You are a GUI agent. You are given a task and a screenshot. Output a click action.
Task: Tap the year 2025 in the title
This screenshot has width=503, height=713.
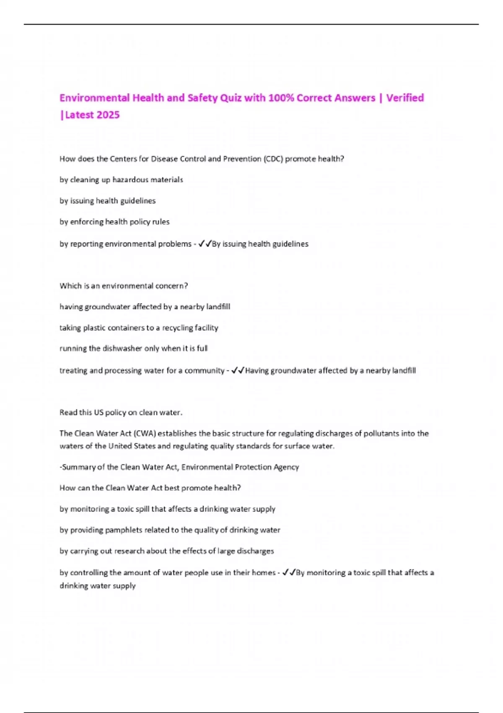click(108, 115)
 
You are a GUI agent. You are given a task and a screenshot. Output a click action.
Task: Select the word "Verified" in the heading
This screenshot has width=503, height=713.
click(405, 98)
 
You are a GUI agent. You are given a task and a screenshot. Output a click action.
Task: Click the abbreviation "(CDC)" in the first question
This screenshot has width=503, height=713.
click(273, 159)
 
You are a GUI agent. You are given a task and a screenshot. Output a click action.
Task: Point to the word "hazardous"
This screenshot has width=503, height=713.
click(130, 180)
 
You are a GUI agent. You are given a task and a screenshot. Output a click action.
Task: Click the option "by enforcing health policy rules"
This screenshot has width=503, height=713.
click(114, 222)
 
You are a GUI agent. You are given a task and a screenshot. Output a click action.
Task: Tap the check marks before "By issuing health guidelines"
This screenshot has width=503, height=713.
click(205, 244)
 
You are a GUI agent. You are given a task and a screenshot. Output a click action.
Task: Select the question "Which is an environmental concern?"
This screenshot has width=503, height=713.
click(124, 286)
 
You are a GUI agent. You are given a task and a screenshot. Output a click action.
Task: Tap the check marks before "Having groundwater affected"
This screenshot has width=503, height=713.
click(238, 370)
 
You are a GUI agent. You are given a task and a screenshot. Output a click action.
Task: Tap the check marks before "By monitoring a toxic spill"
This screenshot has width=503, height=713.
click(289, 572)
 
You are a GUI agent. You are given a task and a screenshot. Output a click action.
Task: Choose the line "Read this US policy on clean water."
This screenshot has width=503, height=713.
click(121, 413)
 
